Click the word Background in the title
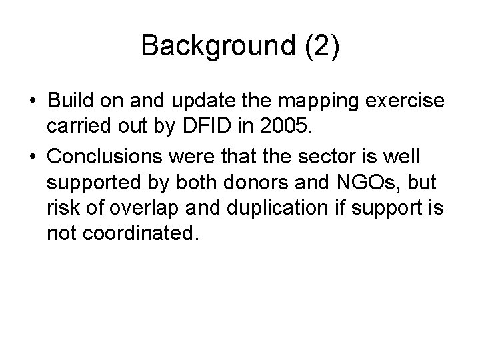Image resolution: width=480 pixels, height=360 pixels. tap(213, 45)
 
